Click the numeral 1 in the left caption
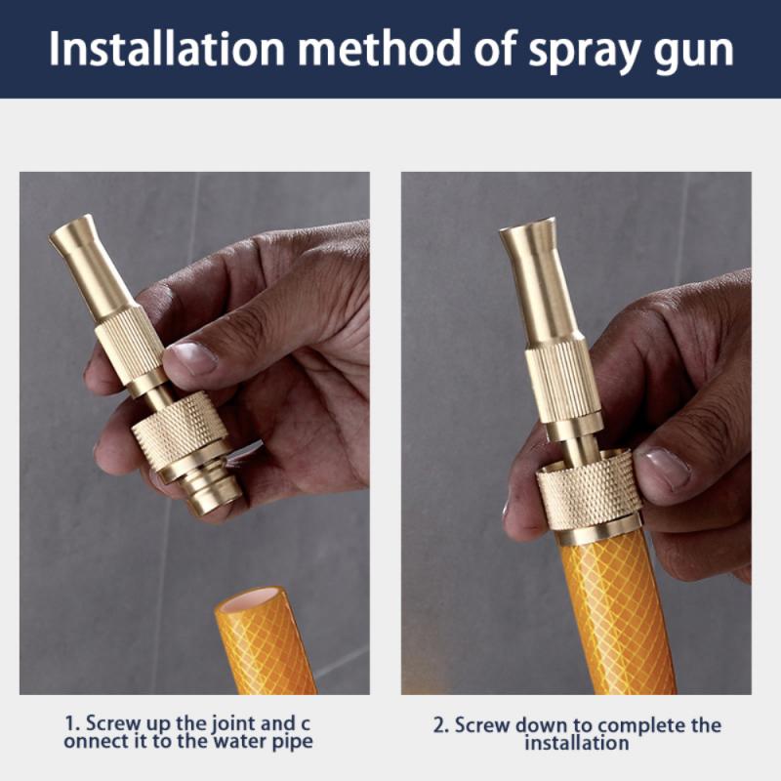(70, 724)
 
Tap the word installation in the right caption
(576, 744)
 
